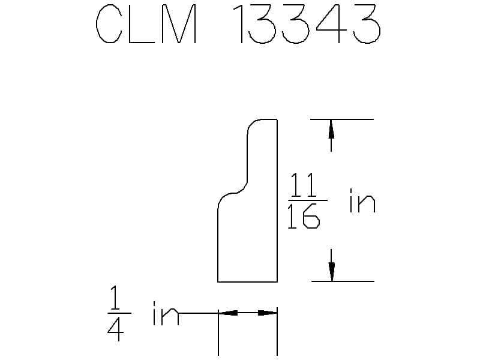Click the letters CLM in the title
coord(146,23)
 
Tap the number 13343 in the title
coord(307,23)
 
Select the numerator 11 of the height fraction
coord(303,185)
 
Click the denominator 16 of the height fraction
coord(304,217)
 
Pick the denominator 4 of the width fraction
coord(116,328)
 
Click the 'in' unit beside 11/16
coord(362,201)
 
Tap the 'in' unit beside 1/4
coord(166,313)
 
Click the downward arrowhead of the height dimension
coord(332,271)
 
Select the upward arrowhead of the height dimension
coord(331,129)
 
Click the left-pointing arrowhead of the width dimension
coord(228,313)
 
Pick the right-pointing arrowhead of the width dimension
coord(267,313)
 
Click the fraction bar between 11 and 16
coord(308,200)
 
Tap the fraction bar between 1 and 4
coord(119,313)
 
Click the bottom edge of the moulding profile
coord(247,281)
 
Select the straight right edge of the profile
coord(277,200)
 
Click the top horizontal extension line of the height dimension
coord(342,119)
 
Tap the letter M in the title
coord(179,23)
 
